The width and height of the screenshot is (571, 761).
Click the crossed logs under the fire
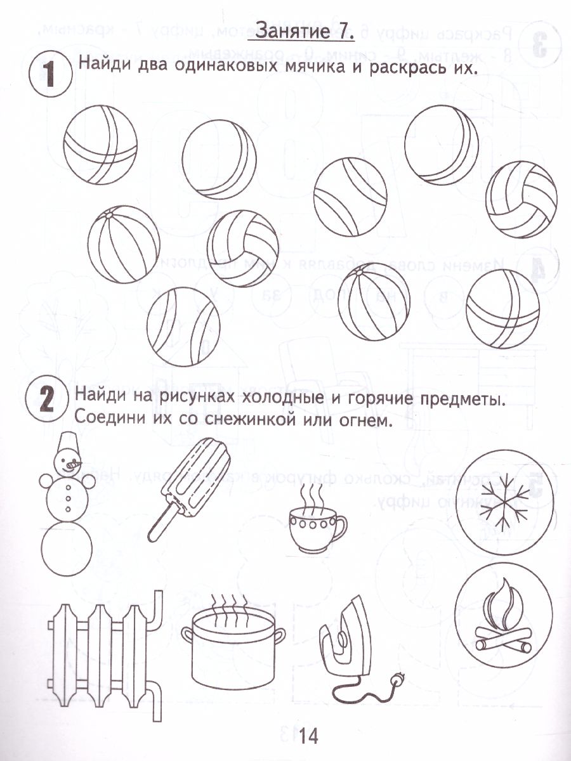(x=503, y=642)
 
